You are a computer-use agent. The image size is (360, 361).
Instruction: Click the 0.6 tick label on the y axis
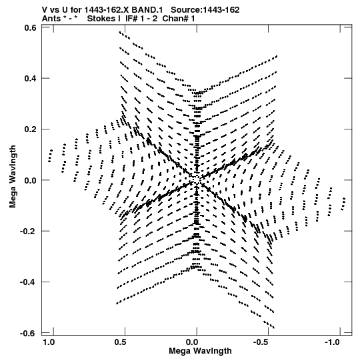(30, 27)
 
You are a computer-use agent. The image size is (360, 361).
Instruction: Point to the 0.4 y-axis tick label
(30, 78)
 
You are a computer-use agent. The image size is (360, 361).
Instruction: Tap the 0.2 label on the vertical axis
(30, 129)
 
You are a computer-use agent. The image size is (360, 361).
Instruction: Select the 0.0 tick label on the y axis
(30, 180)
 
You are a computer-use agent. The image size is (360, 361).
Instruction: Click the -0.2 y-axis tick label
(28, 231)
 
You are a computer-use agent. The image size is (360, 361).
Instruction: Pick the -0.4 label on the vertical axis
(28, 282)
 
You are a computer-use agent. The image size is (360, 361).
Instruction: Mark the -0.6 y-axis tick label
(28, 333)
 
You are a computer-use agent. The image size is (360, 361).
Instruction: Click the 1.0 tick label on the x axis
(49, 342)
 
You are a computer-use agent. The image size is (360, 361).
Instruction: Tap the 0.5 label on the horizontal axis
(120, 342)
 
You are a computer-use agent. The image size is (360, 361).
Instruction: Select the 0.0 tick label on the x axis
(192, 342)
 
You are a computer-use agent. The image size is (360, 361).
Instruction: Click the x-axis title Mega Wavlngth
(200, 351)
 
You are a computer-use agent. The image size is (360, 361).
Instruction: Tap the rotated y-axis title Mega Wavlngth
(13, 176)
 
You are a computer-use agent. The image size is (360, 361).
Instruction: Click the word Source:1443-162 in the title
(205, 10)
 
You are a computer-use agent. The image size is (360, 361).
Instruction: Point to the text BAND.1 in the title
(147, 10)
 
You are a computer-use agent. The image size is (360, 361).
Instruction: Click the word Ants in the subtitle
(51, 19)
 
